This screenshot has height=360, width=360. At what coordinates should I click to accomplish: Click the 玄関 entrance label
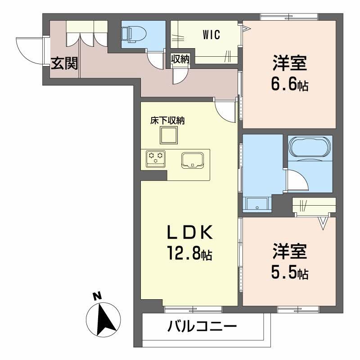64,64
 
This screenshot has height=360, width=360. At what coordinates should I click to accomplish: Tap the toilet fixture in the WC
134,33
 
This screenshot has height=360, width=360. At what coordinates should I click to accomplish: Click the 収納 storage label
180,59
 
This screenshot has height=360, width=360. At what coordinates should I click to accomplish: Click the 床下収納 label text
168,120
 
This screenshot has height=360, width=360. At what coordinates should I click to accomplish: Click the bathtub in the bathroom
310,146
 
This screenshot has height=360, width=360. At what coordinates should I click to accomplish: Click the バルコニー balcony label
202,327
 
